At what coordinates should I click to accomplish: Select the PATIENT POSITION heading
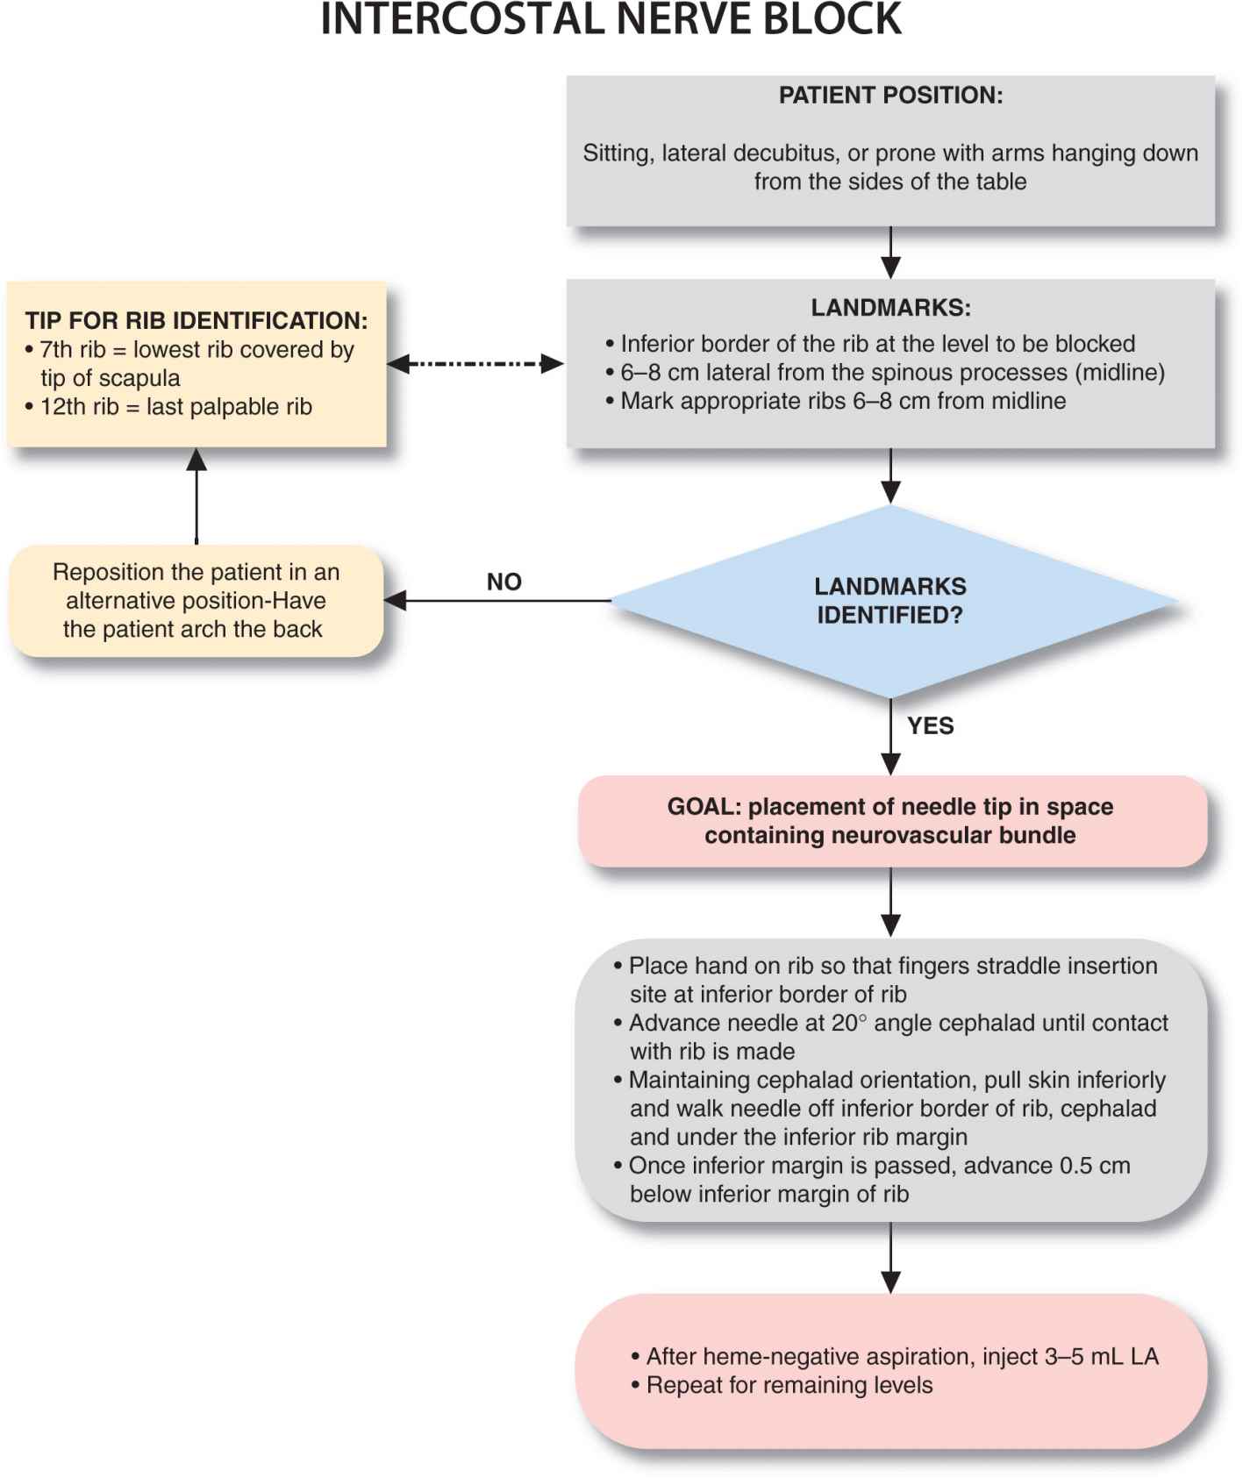[x=889, y=96]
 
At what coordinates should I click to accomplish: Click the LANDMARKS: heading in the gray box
[x=889, y=308]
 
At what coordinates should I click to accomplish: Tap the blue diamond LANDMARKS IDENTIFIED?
[x=889, y=601]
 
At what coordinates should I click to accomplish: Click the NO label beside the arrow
[x=504, y=582]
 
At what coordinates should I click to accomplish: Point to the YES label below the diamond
[x=930, y=725]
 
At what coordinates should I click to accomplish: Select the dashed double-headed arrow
[x=475, y=364]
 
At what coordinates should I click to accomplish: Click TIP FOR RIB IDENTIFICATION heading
[x=196, y=320]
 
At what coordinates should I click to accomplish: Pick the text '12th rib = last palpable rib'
[x=175, y=407]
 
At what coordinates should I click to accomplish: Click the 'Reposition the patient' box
[x=196, y=601]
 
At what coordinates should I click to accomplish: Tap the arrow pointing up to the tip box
[x=196, y=496]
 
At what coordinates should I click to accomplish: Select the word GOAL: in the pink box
[x=704, y=806]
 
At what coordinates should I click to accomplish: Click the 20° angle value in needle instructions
[x=849, y=1023]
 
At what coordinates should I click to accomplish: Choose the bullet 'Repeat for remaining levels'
[x=789, y=1385]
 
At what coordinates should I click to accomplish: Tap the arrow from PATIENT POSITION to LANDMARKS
[x=890, y=253]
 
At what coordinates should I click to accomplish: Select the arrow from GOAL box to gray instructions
[x=890, y=902]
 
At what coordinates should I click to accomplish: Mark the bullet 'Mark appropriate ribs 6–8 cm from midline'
[x=842, y=401]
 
